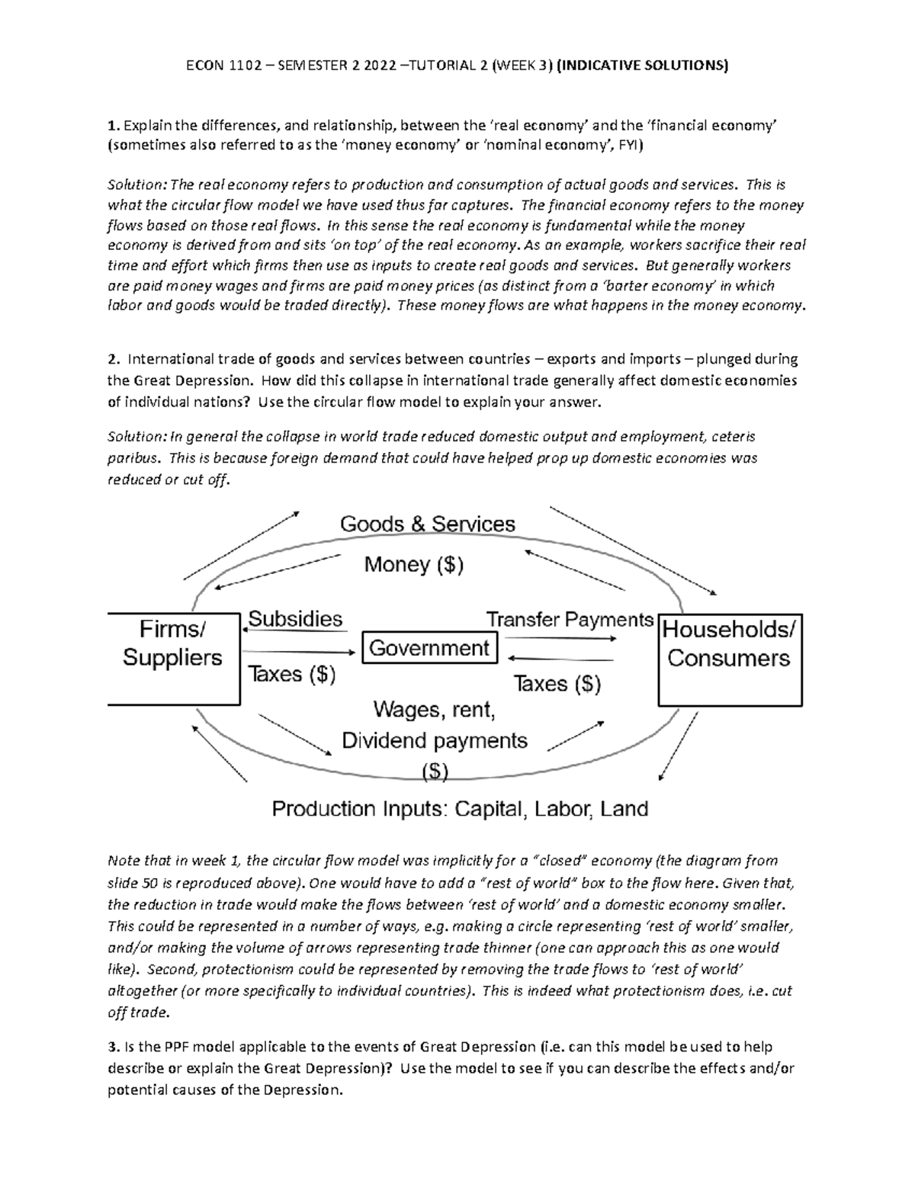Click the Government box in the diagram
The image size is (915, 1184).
point(429,648)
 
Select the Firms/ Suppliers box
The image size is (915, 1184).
point(173,658)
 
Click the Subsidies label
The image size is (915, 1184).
point(296,618)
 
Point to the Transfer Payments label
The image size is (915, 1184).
point(570,619)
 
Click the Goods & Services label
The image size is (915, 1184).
point(427,525)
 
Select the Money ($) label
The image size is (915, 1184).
point(414,565)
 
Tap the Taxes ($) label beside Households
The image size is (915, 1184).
point(557,683)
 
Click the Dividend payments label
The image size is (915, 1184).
point(435,740)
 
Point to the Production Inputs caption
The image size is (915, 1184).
point(461,808)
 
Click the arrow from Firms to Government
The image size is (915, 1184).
point(299,653)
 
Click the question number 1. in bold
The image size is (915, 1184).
point(113,125)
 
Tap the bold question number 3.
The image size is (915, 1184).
point(113,1047)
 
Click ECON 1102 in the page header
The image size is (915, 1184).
point(220,66)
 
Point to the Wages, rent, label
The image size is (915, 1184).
point(434,710)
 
